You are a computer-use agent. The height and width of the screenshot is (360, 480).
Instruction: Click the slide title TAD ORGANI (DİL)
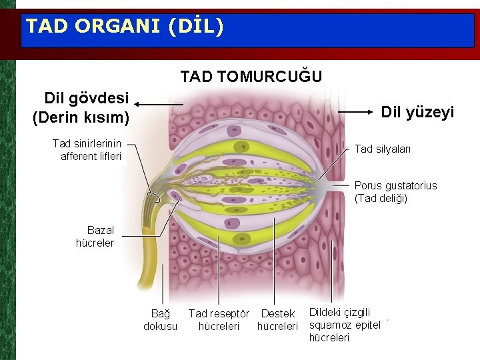tap(124, 27)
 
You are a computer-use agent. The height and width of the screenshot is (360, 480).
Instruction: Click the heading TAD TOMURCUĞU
tap(251, 77)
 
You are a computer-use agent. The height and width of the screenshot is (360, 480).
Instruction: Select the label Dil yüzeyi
tap(417, 113)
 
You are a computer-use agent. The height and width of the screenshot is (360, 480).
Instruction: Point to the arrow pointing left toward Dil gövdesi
tap(160, 105)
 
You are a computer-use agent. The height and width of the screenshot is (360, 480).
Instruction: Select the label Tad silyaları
tap(383, 149)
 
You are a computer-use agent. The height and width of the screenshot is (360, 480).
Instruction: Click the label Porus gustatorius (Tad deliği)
tap(396, 192)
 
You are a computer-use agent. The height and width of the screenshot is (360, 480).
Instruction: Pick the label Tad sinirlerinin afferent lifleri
tap(88, 150)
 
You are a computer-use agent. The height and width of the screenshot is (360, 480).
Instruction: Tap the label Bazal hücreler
tap(95, 237)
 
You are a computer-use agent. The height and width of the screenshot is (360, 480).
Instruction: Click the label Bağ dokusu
tap(160, 320)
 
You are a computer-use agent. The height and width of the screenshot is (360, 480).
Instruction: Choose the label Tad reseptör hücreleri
tap(219, 320)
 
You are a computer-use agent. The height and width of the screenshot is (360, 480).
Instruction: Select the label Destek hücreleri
tap(277, 320)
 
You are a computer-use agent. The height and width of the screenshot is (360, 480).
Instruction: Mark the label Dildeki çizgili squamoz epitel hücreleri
tap(345, 325)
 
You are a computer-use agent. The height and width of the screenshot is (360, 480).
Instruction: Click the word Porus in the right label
tap(369, 186)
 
